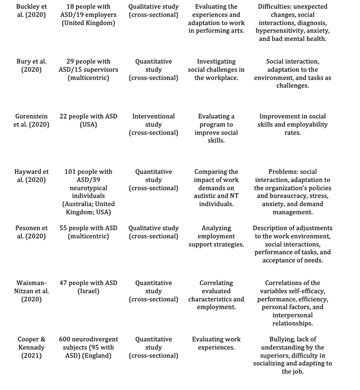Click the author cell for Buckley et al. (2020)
click(31, 11)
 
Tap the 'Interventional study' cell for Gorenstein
click(153, 124)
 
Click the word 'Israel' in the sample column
click(88, 291)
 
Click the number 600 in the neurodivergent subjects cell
click(68, 339)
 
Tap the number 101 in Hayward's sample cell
click(70, 172)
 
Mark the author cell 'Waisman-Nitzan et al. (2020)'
click(31, 291)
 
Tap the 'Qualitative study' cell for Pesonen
click(153, 232)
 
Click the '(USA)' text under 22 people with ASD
click(88, 124)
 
